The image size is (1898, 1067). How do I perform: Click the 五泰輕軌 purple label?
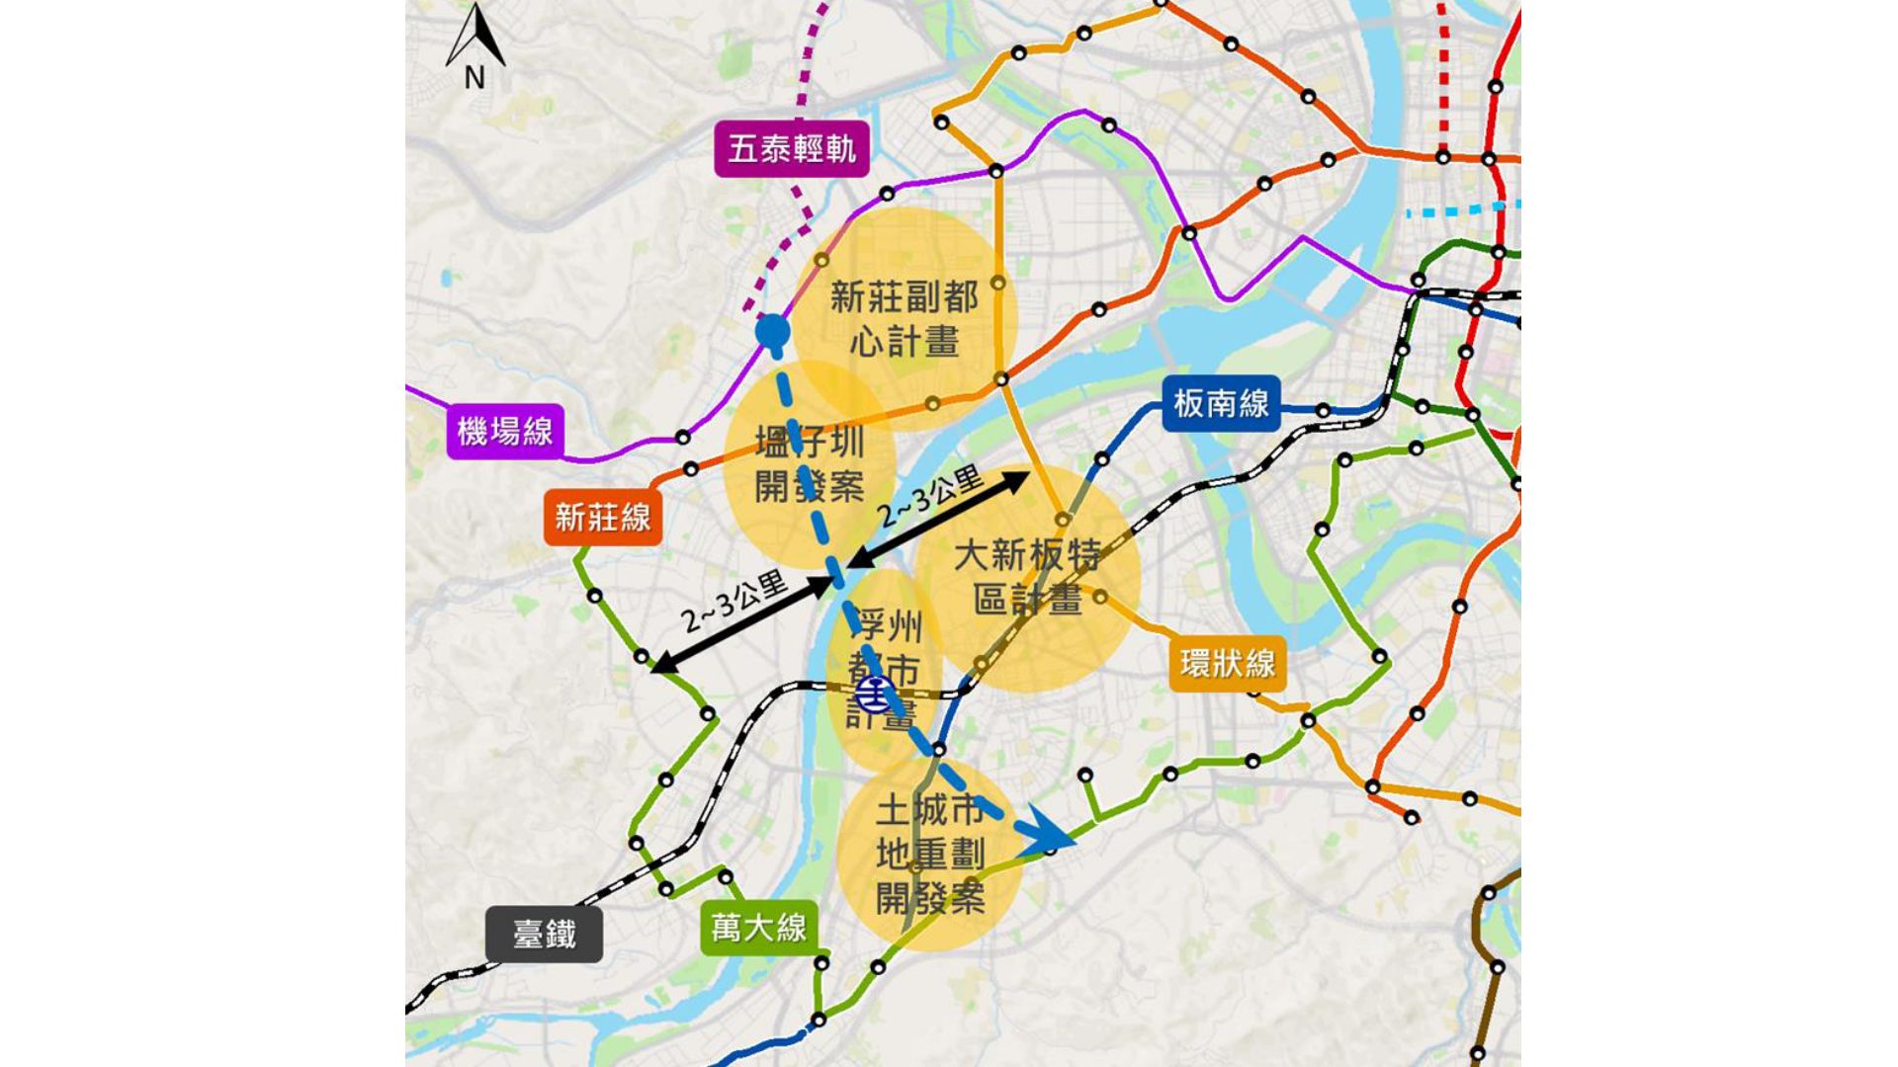coord(791,149)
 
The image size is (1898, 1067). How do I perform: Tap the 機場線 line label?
coord(504,431)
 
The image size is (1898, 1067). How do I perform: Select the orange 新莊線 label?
coord(602,517)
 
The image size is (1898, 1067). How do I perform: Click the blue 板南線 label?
coord(1221,403)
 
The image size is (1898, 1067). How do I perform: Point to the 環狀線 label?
coord(1227,663)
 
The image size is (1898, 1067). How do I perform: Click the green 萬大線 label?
coord(758,928)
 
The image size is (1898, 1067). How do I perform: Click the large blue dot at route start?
coord(772,332)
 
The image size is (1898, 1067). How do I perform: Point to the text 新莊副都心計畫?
coord(904,318)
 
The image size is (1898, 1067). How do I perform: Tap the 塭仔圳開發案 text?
coord(809,463)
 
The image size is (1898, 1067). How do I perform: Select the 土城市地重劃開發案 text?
coord(929,854)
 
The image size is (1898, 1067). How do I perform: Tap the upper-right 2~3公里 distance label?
coord(931,497)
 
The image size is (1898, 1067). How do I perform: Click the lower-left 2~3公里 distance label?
coord(733,602)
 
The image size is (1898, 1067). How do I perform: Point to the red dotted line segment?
coord(1443,79)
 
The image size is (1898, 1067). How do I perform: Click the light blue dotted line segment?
coord(1463,209)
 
